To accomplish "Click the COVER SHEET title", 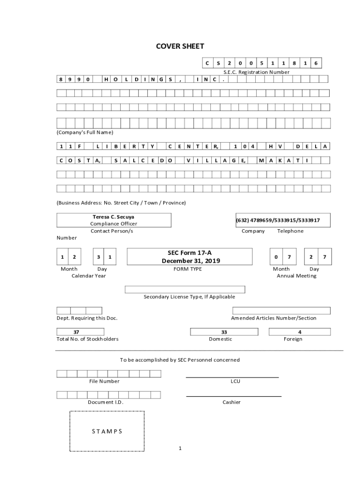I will tap(180, 46).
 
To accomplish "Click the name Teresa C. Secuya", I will tap(114, 217).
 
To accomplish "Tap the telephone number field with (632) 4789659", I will tap(278, 220).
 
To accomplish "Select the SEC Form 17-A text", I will tap(190, 253).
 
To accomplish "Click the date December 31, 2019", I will tap(190, 261).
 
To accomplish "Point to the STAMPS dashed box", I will tap(107, 431).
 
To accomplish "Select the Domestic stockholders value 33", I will tap(224, 332).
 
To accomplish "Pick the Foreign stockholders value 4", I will tap(299, 332).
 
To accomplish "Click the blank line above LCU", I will tap(232, 377).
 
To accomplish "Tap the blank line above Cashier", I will tap(234, 396).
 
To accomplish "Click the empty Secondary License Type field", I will tap(185, 290).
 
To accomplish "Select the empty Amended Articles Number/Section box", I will tap(281, 311).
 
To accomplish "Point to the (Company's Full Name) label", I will tap(85, 132).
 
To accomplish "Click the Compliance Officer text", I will tap(114, 224).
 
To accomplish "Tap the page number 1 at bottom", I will tap(180, 449).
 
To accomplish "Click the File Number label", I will tap(104, 381).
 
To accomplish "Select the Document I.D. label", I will tap(106, 402).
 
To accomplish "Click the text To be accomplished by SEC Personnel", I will tap(180, 360).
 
